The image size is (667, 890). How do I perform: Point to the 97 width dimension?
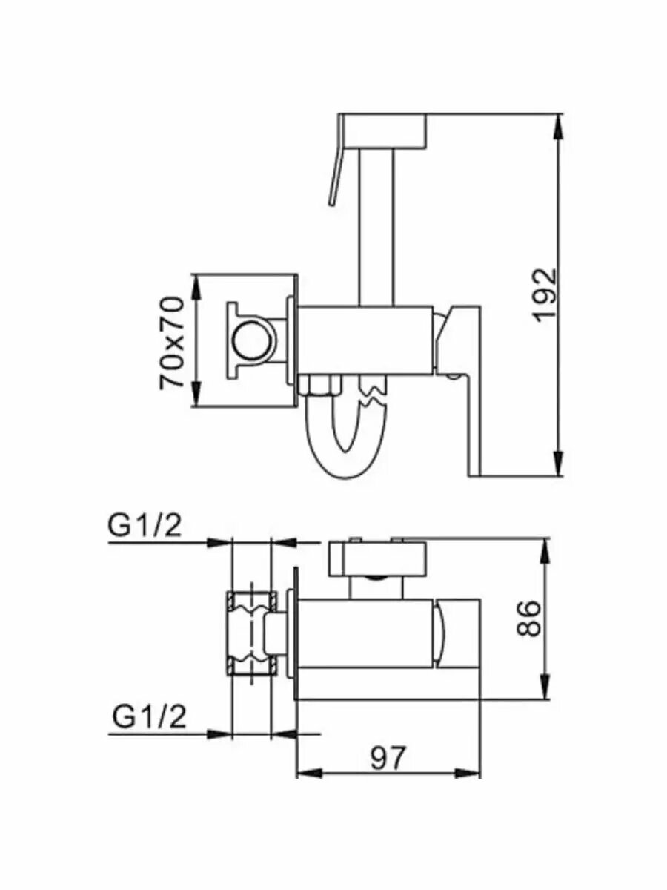(388, 757)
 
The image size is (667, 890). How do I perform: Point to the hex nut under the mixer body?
(316, 386)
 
